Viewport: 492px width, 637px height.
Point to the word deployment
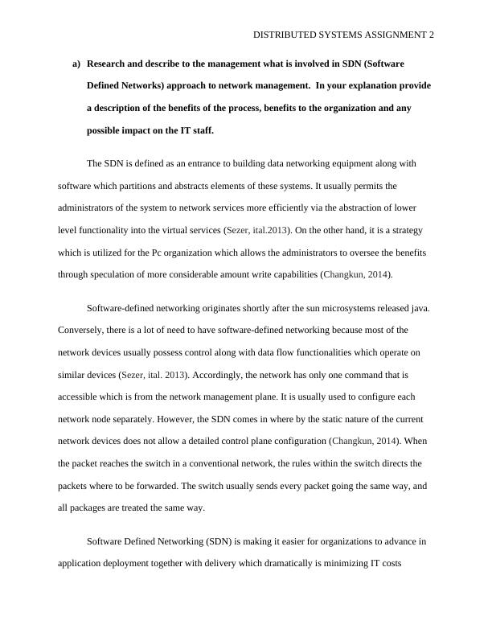coord(140,564)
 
